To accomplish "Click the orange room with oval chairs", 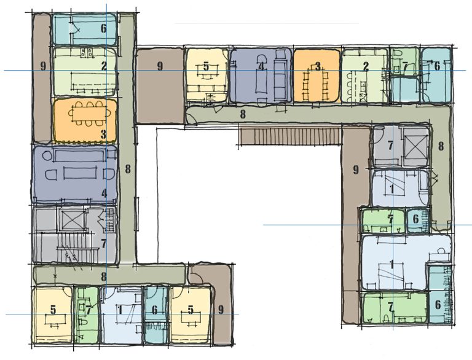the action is pyautogui.click(x=85, y=120).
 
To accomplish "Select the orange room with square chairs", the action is pyautogui.click(x=317, y=76).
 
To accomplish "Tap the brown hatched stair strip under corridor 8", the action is pyautogui.click(x=290, y=136).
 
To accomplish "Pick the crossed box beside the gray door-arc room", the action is pyautogui.click(x=415, y=147).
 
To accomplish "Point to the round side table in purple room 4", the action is pyautogui.click(x=47, y=156).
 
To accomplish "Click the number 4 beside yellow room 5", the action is pyautogui.click(x=261, y=66).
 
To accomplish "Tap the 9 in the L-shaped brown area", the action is pyautogui.click(x=356, y=170).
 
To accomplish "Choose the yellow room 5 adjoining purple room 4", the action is pyautogui.click(x=206, y=75).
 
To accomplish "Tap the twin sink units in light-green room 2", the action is pyautogui.click(x=87, y=52).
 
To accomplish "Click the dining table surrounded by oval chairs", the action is pyautogui.click(x=89, y=114).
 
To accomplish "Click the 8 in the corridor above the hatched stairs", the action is pyautogui.click(x=243, y=114).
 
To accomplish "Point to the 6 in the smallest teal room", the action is pyautogui.click(x=415, y=219).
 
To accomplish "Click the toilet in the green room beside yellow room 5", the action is pyautogui.click(x=84, y=323).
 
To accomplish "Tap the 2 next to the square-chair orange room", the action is pyautogui.click(x=366, y=66).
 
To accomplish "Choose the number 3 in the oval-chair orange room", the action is pyautogui.click(x=103, y=134).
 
